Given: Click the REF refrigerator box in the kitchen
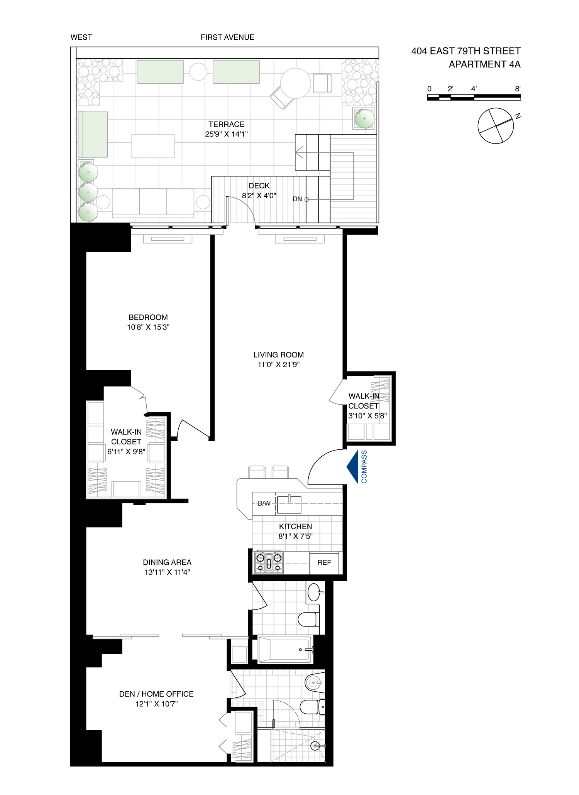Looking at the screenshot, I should click(x=324, y=563).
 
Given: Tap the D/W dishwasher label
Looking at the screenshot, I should click(x=264, y=503).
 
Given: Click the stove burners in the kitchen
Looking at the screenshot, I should click(x=269, y=563).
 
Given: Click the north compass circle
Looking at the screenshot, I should click(x=496, y=126).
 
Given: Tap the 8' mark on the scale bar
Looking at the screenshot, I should click(x=517, y=89).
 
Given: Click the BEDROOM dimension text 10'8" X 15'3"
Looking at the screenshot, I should click(x=148, y=327).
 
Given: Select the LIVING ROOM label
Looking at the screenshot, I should click(x=278, y=355).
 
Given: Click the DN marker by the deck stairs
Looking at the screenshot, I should click(x=297, y=199).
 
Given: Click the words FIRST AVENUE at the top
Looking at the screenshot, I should click(x=227, y=37).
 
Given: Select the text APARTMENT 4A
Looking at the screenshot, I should click(x=484, y=64).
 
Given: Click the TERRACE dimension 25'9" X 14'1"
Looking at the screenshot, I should click(x=226, y=134).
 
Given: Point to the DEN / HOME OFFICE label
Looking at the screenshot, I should click(x=156, y=694).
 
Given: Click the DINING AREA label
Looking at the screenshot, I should click(x=167, y=562).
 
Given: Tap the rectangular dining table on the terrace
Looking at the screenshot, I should click(x=153, y=146).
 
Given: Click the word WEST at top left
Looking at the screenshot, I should click(x=81, y=37).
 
